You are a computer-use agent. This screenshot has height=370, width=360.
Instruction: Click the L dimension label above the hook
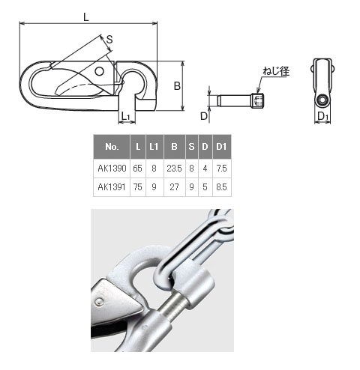[x=86, y=17]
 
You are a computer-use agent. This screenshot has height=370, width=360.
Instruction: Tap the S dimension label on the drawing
[x=109, y=40]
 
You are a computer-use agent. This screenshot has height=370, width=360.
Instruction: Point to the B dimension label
[x=177, y=86]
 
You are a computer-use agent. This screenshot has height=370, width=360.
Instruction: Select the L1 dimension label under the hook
[x=125, y=116]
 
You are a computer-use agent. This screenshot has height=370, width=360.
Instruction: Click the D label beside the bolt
[x=204, y=116]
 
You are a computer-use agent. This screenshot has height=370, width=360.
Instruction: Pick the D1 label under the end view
[x=322, y=116]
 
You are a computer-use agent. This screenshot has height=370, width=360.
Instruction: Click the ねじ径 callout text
[x=276, y=71]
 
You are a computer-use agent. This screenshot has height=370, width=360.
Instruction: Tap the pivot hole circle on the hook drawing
[x=100, y=71]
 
